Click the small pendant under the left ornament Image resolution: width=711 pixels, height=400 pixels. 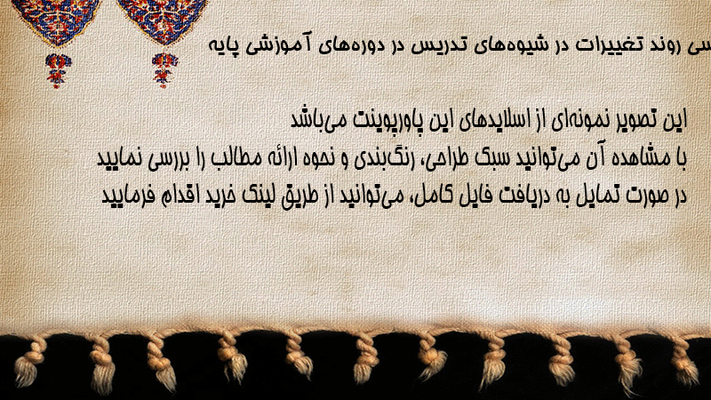(58, 71)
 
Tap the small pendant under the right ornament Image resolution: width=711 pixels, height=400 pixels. (164, 70)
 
